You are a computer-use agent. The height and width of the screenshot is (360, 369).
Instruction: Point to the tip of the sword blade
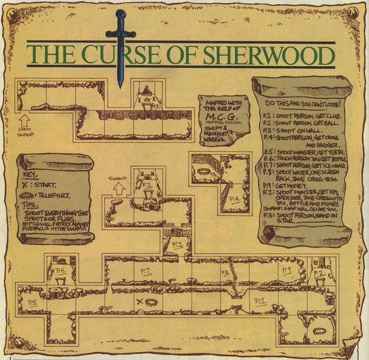click(120, 86)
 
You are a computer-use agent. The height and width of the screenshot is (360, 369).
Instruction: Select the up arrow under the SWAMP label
click(119, 188)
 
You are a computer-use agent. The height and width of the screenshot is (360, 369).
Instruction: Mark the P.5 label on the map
click(32, 302)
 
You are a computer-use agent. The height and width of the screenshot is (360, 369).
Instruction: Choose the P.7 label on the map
click(145, 271)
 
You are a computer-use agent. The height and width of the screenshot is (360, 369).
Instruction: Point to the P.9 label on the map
click(286, 269)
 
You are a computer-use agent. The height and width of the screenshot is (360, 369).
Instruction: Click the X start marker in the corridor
click(139, 301)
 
